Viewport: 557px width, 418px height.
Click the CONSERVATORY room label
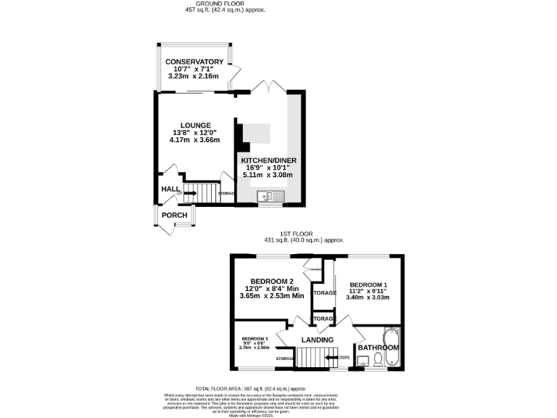[194, 62]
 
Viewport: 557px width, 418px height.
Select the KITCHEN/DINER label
[269, 160]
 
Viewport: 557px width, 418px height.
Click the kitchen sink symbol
[272, 196]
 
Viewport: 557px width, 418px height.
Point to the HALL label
[170, 189]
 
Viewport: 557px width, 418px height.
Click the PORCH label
[174, 216]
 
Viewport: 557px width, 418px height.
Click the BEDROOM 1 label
[369, 284]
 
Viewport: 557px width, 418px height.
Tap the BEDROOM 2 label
[271, 282]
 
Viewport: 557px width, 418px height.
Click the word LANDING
[317, 340]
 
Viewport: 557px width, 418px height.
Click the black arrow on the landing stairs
[331, 357]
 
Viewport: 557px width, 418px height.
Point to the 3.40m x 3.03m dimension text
[369, 298]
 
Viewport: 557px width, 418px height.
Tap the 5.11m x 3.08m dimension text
[269, 176]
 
